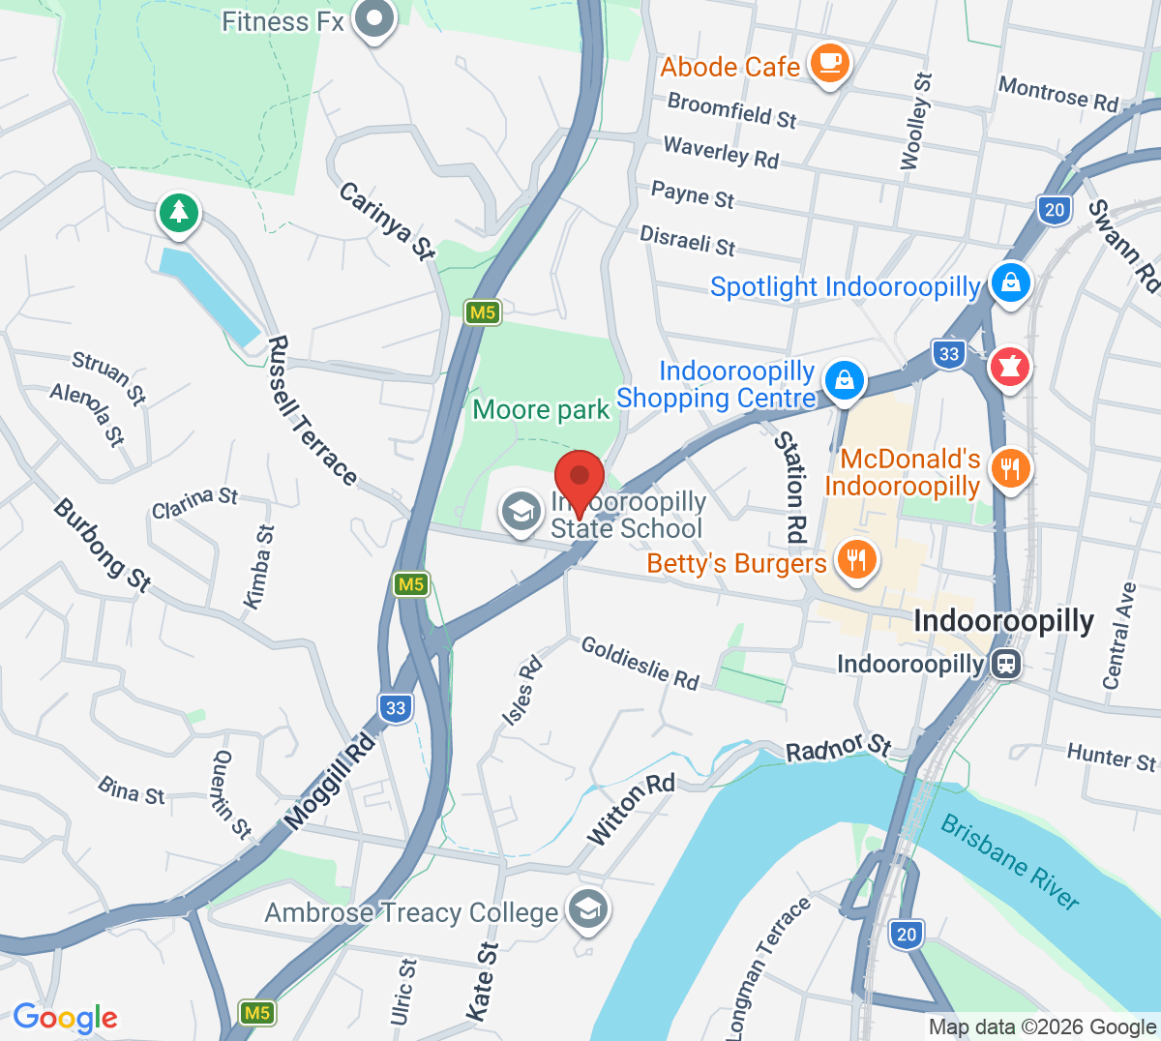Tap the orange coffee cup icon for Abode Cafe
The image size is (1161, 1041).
click(829, 63)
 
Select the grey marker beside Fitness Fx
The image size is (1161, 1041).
click(373, 19)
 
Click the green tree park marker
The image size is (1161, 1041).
click(179, 213)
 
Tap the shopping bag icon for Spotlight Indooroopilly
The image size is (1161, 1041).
click(1010, 283)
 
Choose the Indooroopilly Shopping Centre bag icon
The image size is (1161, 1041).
click(845, 380)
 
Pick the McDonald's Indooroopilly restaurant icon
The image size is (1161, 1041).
click(1010, 470)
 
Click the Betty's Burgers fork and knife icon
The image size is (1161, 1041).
click(855, 560)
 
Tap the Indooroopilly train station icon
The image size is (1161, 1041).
click(1007, 665)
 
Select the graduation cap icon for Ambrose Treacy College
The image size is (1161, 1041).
click(587, 909)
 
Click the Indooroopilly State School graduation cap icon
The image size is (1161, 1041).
click(521, 512)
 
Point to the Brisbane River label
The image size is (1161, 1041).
click(1010, 861)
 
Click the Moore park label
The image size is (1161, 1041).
click(541, 410)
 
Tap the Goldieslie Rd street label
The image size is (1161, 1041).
click(640, 663)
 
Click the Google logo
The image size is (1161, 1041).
click(65, 1017)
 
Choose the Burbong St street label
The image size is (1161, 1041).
click(102, 545)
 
